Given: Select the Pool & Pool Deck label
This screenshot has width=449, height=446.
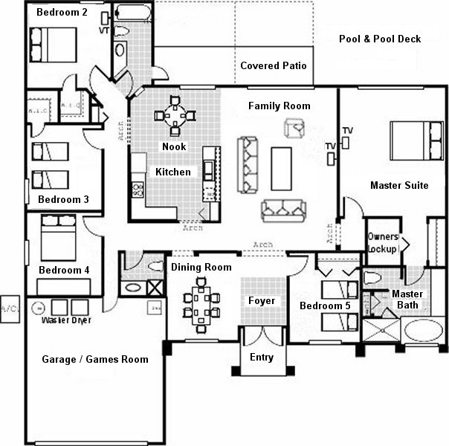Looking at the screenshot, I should (379, 39).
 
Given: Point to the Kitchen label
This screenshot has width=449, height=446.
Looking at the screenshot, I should (172, 172).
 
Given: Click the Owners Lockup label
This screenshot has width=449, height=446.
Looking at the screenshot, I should (383, 242).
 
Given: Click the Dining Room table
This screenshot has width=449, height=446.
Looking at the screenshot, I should (201, 302).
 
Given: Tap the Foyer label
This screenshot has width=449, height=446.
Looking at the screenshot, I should (262, 301).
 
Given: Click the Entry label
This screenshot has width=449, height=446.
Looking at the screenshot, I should (261, 358).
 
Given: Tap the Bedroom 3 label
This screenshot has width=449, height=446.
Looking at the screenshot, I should (63, 199).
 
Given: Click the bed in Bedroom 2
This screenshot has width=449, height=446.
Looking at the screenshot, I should (52, 43).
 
